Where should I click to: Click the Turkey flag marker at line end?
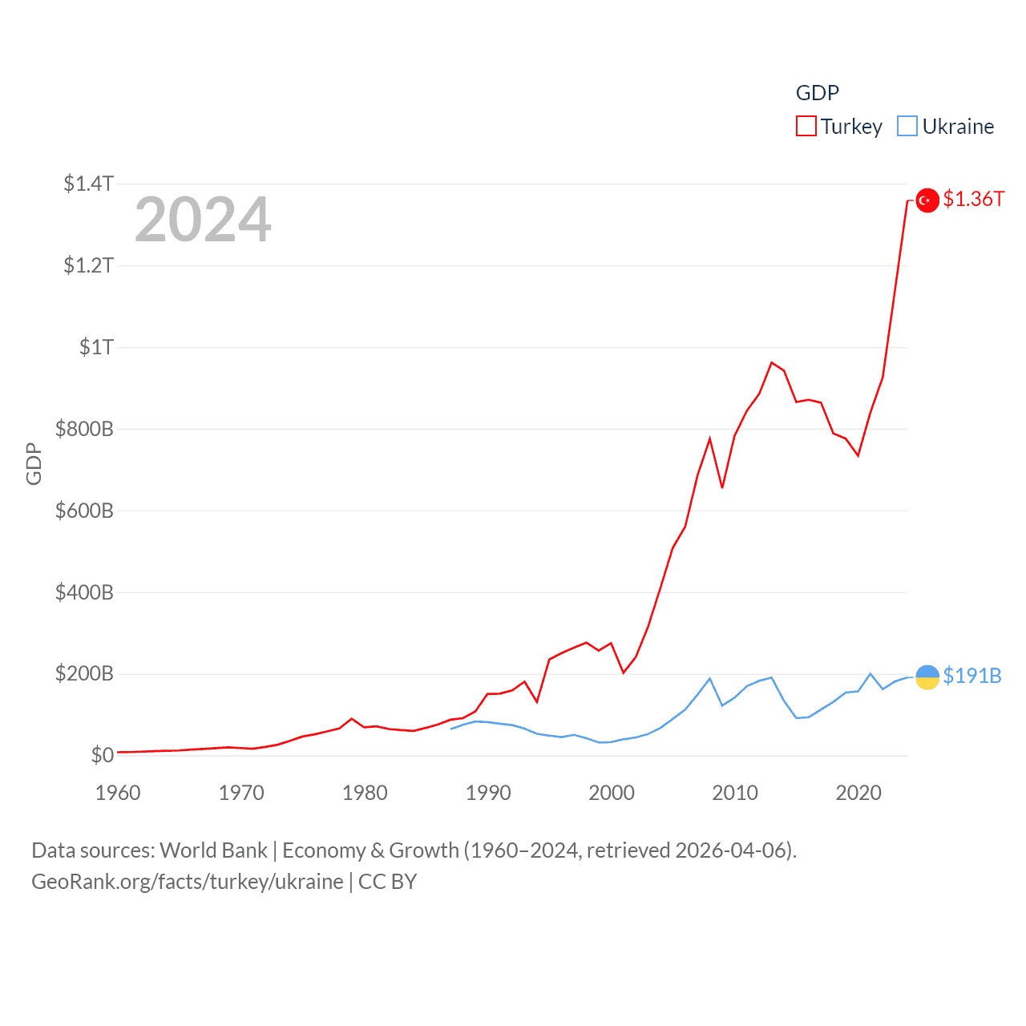point(927,200)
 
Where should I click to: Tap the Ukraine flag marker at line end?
point(927,677)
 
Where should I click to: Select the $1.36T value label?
point(973,199)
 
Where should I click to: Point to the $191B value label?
point(972,676)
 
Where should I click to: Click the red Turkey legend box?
point(806,127)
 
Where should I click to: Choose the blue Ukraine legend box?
point(907,127)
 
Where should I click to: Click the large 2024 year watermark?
point(203,220)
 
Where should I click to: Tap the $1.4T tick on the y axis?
point(88,184)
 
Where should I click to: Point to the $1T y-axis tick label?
point(96,347)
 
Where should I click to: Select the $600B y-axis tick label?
point(84,511)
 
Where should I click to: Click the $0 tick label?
point(102,755)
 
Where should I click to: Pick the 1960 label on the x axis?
point(118,793)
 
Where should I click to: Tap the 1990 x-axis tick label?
point(488,793)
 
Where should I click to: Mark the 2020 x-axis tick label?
point(858,793)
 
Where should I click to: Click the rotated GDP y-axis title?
point(34,463)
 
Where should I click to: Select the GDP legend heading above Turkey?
point(817,93)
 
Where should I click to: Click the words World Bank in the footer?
point(213,850)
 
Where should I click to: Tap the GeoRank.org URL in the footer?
point(187,882)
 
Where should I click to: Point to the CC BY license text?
point(387,882)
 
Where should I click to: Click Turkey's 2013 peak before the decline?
point(772,363)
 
